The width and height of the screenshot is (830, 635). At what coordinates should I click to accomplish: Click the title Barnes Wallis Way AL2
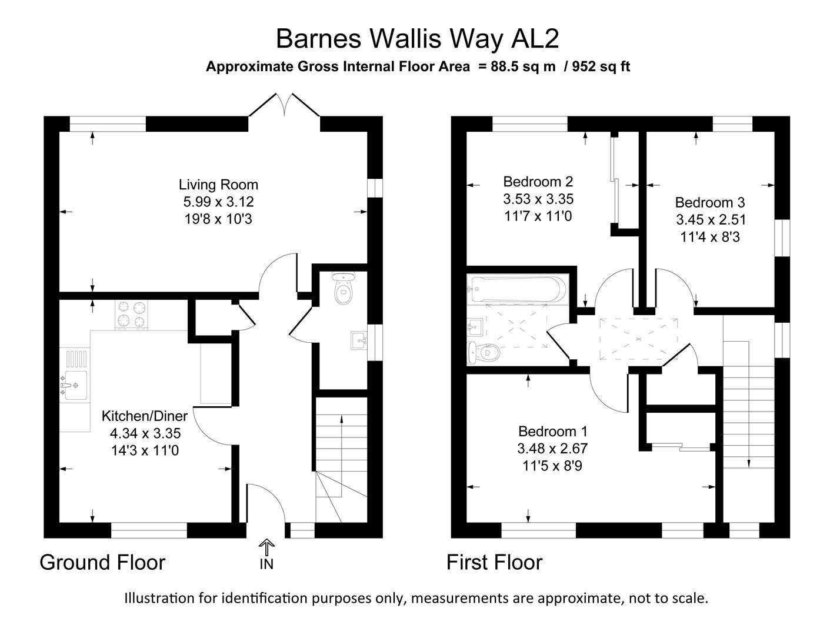click(417, 39)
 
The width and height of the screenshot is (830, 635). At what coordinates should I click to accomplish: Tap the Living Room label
click(218, 185)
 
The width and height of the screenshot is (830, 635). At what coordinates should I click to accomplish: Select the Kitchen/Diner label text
click(145, 416)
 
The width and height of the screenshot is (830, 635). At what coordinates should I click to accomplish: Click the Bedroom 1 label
click(552, 432)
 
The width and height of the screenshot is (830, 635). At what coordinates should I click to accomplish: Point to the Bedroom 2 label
click(538, 182)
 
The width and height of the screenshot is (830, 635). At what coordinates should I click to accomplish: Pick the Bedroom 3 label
click(709, 203)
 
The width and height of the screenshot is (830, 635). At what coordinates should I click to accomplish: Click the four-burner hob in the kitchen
click(132, 314)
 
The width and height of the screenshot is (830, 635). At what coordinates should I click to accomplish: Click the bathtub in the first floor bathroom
click(516, 289)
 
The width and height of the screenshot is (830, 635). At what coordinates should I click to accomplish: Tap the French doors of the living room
click(285, 106)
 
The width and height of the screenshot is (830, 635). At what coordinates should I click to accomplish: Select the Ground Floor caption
click(102, 563)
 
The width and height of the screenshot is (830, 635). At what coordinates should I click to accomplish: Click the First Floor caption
click(494, 563)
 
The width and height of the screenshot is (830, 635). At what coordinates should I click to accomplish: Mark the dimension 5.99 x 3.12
click(218, 202)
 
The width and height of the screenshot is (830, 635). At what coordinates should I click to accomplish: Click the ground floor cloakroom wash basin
click(359, 340)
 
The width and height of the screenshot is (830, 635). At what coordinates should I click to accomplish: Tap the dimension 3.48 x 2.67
click(552, 449)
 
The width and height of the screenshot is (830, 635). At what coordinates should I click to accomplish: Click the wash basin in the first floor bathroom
click(475, 325)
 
